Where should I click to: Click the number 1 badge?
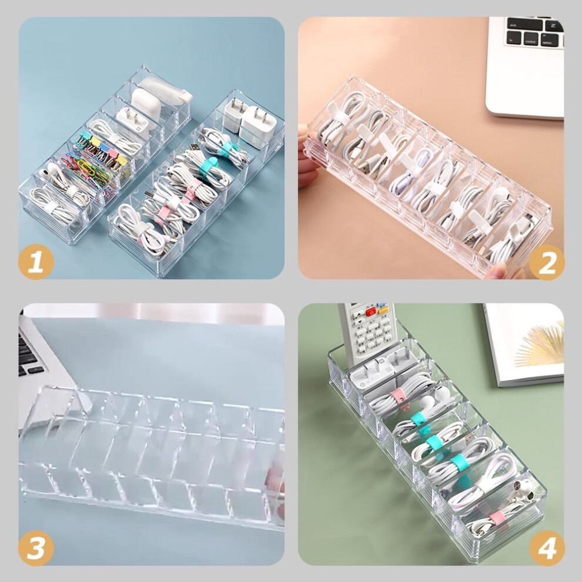point(36,262)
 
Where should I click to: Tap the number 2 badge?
point(546,262)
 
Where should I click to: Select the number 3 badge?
point(36,548)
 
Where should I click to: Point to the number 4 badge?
point(546,548)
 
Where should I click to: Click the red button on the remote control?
point(370,312)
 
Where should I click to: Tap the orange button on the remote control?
point(383,310)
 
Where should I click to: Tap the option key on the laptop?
point(551,41)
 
